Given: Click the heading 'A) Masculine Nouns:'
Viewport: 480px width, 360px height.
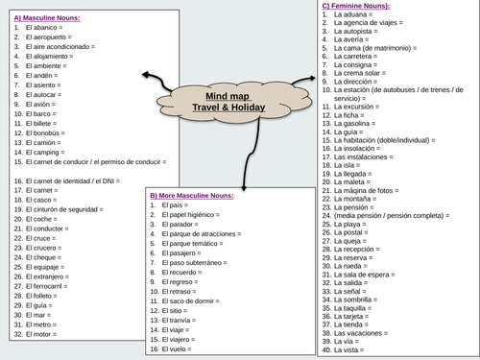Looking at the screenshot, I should (47, 18).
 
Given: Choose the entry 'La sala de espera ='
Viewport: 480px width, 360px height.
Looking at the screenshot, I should (373, 274).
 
